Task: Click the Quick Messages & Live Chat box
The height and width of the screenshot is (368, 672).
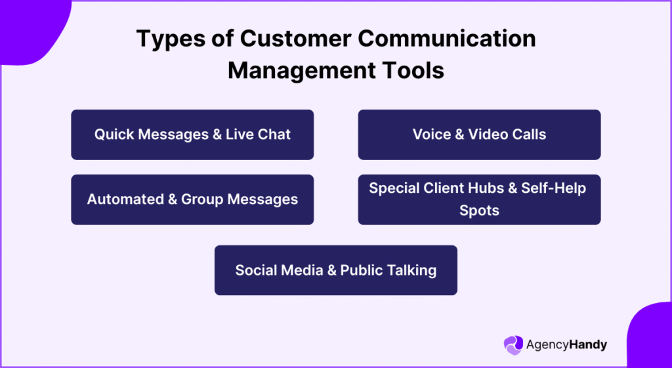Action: coord(192,134)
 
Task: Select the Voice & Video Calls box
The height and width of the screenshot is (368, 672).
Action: coord(479,134)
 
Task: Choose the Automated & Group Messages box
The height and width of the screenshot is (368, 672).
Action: coord(192,199)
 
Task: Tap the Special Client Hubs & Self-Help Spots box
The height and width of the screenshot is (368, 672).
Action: coord(479,199)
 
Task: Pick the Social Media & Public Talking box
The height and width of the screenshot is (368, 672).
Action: coord(335,270)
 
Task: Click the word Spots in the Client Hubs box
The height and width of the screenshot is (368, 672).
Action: coord(479,211)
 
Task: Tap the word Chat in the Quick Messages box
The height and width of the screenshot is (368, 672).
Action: coord(276,134)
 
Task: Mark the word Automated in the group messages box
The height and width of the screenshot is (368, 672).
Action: coord(123,199)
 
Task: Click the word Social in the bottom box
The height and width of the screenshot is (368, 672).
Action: coord(257,270)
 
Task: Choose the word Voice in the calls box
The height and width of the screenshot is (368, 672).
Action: coord(432,134)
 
